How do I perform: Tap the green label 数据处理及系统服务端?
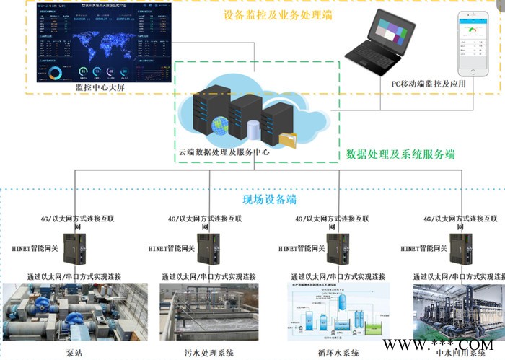pos(400,154)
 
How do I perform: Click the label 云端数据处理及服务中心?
pos(224,153)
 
